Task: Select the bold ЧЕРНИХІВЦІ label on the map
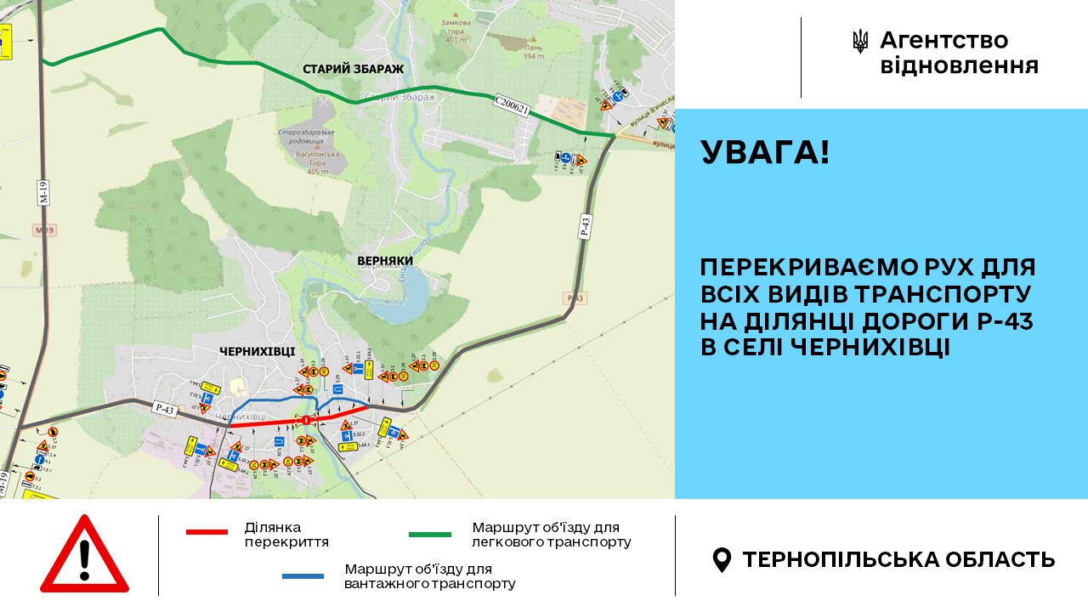(257, 351)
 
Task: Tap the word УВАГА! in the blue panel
(765, 153)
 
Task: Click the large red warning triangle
(84, 556)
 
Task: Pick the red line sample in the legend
(207, 532)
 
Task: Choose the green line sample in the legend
(430, 535)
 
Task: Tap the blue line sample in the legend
(303, 576)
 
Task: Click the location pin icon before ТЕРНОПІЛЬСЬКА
(722, 559)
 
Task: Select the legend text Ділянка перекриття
(286, 534)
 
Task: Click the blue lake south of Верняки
(409, 293)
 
